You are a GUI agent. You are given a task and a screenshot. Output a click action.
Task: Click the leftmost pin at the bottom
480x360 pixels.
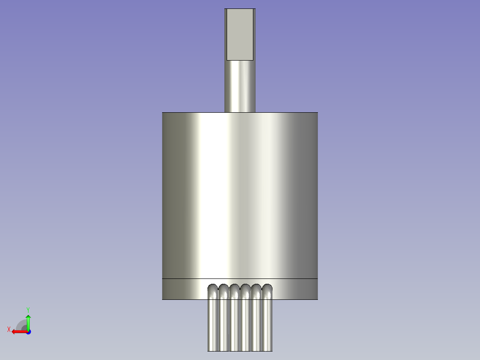point(213,321)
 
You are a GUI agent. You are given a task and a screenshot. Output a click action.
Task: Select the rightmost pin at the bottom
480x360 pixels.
point(267,321)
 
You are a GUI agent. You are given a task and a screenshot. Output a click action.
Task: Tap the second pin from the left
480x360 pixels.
point(224,321)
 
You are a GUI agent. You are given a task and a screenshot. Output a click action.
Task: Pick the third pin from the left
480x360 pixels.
point(235,321)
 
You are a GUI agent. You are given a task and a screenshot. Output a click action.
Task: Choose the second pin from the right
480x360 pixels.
point(256,321)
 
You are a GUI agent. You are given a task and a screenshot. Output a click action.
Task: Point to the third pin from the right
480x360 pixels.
point(245,321)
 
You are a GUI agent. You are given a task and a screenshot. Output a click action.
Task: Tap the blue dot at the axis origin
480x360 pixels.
point(28,331)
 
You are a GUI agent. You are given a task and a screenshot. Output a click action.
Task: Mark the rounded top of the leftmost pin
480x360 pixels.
point(213,287)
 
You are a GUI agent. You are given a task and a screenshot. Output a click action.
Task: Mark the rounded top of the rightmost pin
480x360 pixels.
point(267,287)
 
